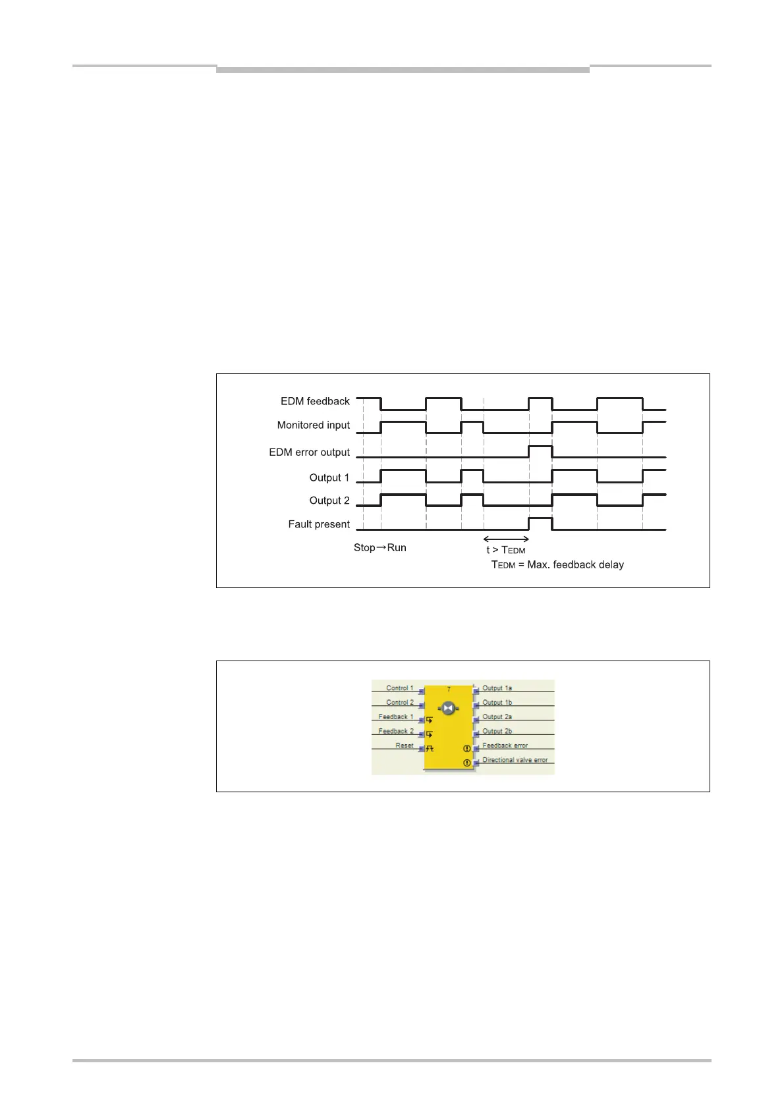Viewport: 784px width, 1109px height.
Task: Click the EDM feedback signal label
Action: coord(315,401)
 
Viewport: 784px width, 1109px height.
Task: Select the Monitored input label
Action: coord(313,425)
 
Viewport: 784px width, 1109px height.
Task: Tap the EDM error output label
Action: coord(309,452)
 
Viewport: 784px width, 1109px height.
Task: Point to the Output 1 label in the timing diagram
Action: coord(329,477)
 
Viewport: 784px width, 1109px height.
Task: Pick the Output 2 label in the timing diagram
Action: coord(329,500)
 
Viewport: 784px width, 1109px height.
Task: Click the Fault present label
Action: coord(319,524)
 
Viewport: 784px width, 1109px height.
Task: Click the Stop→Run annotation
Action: coord(380,548)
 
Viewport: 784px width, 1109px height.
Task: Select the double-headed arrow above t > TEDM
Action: coord(506,539)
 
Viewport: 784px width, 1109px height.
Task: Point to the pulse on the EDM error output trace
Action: coord(540,447)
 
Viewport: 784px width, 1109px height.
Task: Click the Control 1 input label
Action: coord(400,688)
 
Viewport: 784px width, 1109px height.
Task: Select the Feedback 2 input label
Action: coord(396,731)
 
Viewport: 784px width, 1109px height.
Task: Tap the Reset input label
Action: coord(405,745)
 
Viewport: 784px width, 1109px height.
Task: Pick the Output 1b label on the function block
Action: coord(497,703)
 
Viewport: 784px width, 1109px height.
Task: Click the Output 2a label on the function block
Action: coord(497,717)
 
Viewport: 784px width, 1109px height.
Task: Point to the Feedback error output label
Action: coord(505,745)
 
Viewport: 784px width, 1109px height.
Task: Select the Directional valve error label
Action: coord(515,760)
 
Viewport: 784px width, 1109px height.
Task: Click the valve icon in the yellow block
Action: coord(448,708)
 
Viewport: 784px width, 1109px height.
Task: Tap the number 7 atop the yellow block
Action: coord(449,690)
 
